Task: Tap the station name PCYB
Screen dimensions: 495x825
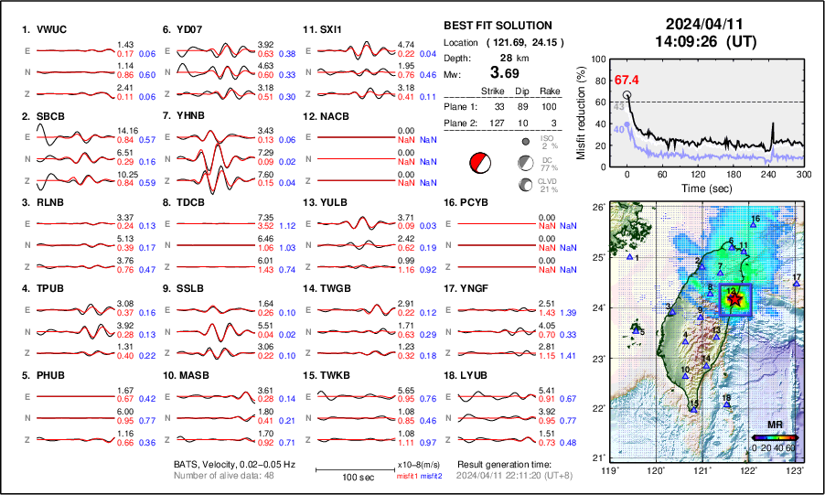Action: (x=479, y=202)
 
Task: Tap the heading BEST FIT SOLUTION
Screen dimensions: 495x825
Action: (x=497, y=26)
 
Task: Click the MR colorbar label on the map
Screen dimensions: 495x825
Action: (x=775, y=425)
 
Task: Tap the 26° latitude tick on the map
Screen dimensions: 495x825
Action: (x=596, y=208)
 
